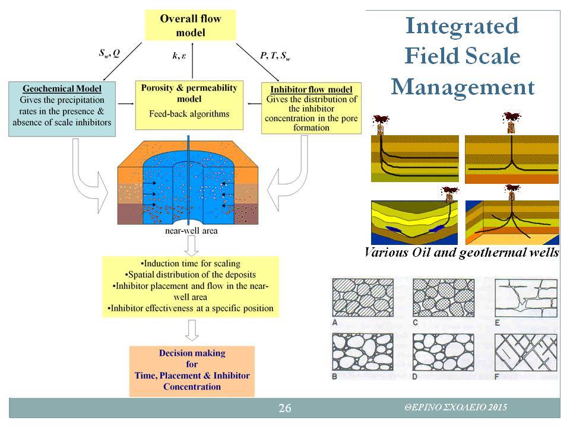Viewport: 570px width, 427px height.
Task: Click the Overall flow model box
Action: (x=190, y=25)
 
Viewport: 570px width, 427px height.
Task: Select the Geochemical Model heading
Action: (x=62, y=88)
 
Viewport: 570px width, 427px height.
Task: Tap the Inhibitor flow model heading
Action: (x=311, y=90)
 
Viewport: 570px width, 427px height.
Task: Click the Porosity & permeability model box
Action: (x=189, y=105)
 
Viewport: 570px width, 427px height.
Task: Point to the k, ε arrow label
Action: (x=179, y=56)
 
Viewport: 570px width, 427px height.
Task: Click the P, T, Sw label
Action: (x=275, y=56)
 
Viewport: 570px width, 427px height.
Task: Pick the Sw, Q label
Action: (x=109, y=53)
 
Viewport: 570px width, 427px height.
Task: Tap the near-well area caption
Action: (x=191, y=231)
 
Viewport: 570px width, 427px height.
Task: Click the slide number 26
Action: (x=284, y=408)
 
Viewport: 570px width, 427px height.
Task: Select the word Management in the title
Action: (x=463, y=87)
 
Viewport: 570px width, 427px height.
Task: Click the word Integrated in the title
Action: (x=462, y=26)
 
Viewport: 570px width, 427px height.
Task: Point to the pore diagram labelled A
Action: (x=363, y=297)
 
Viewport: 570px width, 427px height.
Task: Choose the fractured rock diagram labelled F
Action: (x=525, y=352)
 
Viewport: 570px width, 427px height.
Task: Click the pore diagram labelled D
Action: (x=443, y=352)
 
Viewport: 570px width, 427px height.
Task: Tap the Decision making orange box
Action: (x=192, y=371)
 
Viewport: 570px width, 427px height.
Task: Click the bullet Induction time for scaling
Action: (x=190, y=263)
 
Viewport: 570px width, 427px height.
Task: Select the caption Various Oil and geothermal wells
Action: (x=462, y=253)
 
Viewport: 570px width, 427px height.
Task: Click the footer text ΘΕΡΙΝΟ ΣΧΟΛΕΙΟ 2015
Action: (x=456, y=407)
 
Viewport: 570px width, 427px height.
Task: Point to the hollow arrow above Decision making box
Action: (x=192, y=330)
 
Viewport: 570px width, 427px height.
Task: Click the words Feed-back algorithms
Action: (x=189, y=114)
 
